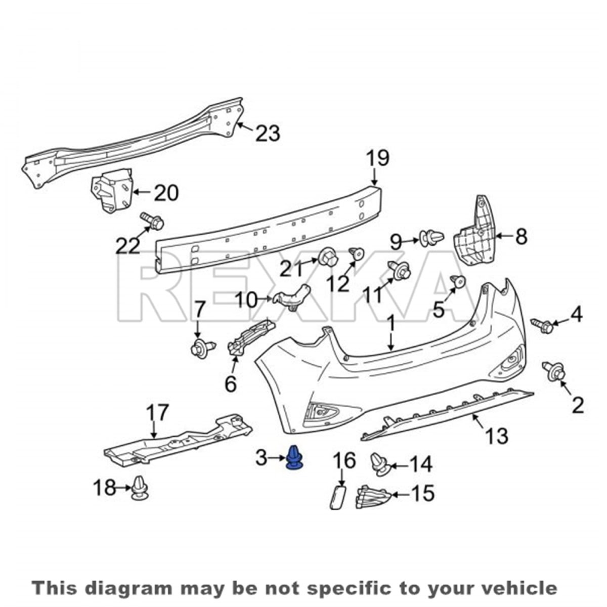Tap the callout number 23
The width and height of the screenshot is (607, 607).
point(268,133)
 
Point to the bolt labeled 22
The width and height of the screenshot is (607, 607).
point(152,222)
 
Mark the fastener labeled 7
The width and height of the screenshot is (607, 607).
point(203,348)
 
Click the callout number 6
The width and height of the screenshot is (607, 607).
point(231,383)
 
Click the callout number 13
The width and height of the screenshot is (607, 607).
point(497,436)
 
